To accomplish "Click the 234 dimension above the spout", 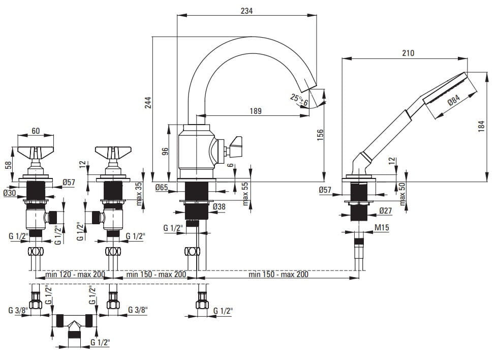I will [x=246, y=10].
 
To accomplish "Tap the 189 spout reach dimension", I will [x=255, y=111].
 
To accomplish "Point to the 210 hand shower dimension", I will [x=408, y=53].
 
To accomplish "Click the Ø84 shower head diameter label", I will [x=454, y=103].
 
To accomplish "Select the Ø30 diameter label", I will [x=10, y=193].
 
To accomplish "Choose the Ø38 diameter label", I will [x=219, y=207].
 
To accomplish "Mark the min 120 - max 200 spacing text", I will [x=75, y=275].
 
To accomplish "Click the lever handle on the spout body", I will [x=235, y=145].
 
